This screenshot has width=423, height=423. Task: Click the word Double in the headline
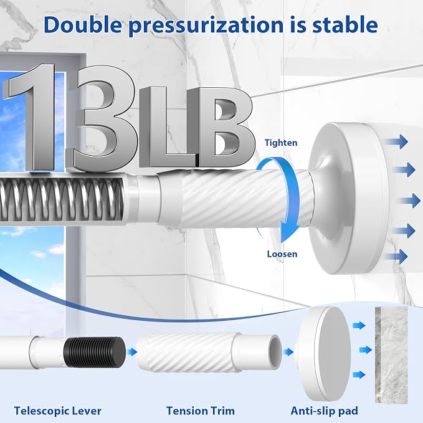coord(83,25)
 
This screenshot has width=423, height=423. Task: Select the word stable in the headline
coord(345,25)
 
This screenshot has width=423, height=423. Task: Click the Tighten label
coord(281,143)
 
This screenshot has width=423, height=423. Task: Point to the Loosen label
coord(282,254)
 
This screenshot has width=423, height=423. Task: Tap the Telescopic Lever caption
coord(58,411)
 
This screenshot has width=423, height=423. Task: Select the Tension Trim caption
coord(201,411)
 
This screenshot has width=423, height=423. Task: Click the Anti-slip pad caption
coord(325,411)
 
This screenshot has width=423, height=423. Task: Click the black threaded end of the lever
coord(95,352)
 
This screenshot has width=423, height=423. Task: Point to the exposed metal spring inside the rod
coord(62,199)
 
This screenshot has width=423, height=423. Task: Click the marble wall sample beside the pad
coord(391,355)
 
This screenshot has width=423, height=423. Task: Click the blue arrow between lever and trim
coord(132,352)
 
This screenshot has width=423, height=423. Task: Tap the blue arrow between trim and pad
coord(288,352)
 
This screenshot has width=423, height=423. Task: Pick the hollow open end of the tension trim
coord(275,352)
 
